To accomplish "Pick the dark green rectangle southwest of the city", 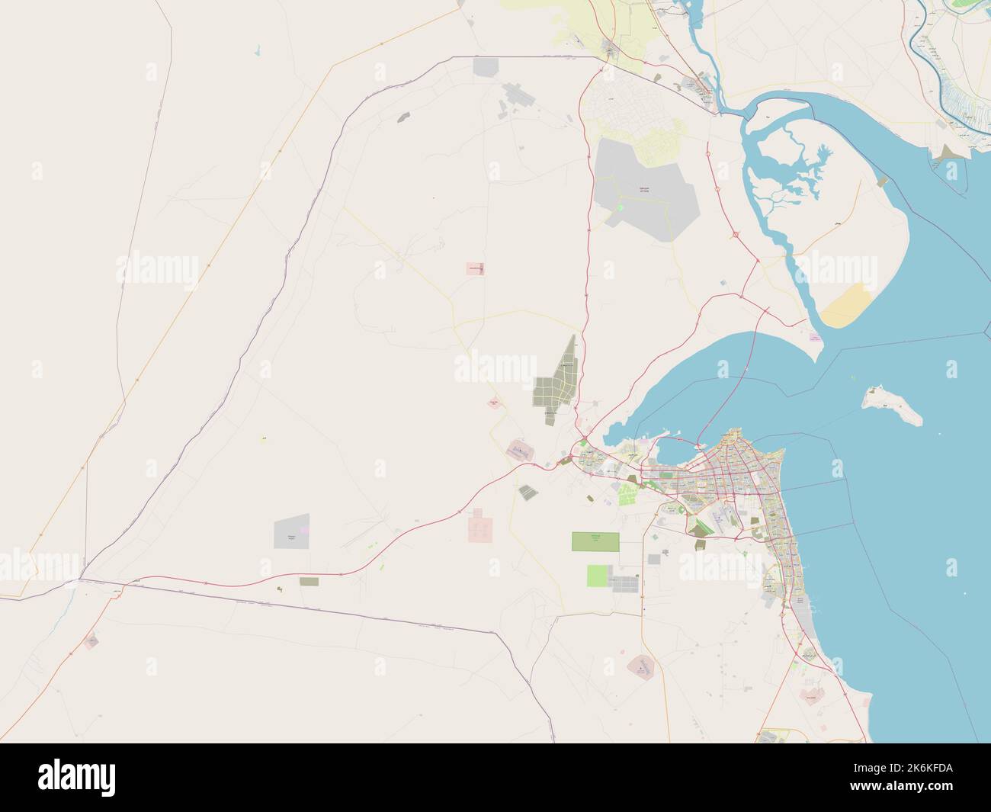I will [x=596, y=541].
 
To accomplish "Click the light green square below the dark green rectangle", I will [x=599, y=576].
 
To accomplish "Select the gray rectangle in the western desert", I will [x=292, y=531].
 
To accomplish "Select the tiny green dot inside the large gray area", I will [x=620, y=207].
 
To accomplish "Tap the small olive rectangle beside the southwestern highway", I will [x=309, y=581].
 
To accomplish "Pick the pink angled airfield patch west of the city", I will [x=520, y=450].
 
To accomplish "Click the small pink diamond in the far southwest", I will [x=91, y=642].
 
